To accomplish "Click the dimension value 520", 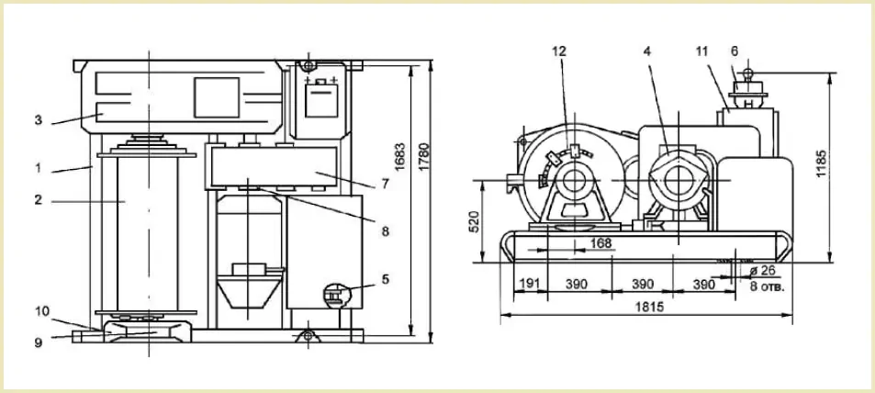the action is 473,223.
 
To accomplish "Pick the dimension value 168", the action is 600,242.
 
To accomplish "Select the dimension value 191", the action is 530,284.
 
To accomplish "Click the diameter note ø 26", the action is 763,271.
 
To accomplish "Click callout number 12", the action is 559,51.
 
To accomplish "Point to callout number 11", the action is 702,51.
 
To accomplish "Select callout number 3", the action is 38,119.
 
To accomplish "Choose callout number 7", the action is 385,183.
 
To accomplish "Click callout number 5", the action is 385,278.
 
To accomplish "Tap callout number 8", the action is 385,231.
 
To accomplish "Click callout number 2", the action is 38,199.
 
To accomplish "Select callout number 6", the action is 735,51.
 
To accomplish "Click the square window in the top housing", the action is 217,97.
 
